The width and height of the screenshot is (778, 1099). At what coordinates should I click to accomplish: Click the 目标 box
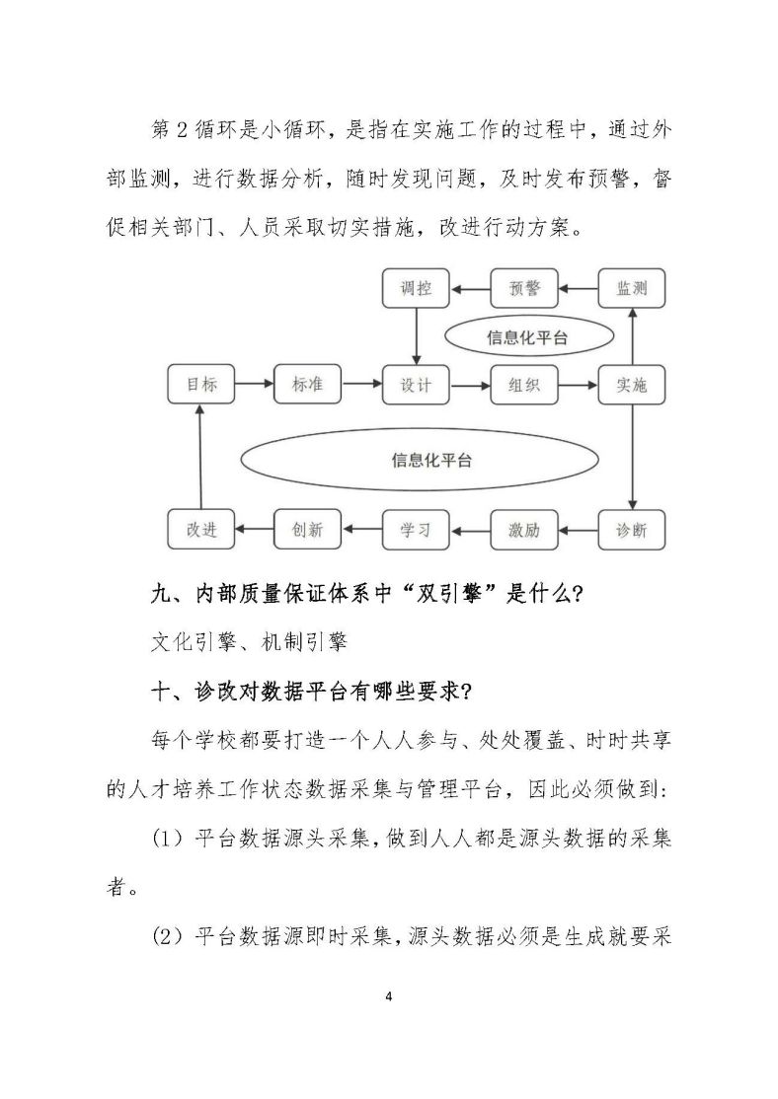coord(201,384)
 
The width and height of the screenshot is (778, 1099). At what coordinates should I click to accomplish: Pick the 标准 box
coord(307,384)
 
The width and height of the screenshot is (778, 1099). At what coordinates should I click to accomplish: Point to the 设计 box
coord(416,384)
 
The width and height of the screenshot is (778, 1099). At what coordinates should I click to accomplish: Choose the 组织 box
coord(524,384)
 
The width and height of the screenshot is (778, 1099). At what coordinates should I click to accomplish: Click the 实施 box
coord(632,384)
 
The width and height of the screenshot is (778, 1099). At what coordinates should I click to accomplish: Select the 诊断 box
coord(632,529)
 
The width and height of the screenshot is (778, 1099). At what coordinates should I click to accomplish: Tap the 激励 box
coord(524,529)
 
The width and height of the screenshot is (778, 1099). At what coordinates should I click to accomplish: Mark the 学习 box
coord(416,529)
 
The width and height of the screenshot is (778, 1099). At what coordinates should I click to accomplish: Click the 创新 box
coord(307,529)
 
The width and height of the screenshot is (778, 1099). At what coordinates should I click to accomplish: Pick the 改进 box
coord(201,529)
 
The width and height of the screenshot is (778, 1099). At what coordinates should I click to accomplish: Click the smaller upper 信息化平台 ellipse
coord(527,336)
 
